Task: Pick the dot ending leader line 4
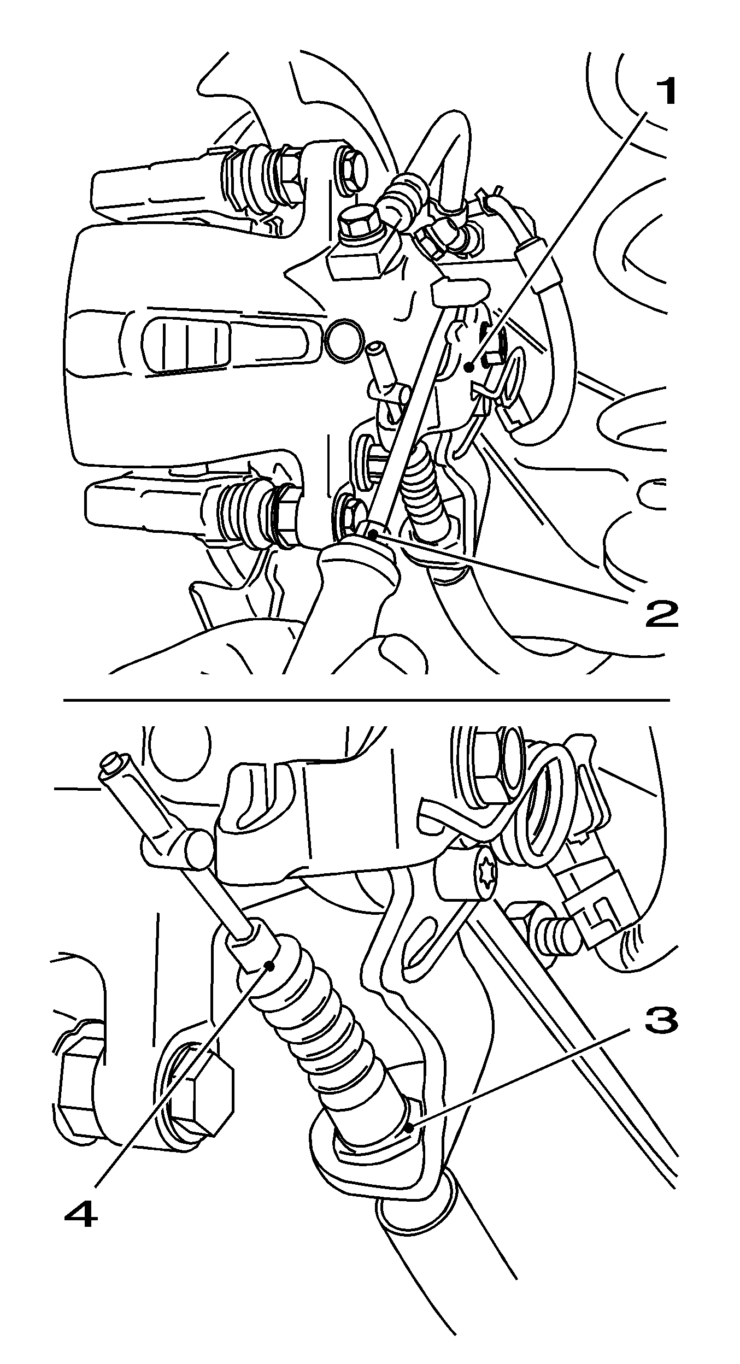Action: (x=269, y=965)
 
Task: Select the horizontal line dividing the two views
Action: (x=366, y=699)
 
